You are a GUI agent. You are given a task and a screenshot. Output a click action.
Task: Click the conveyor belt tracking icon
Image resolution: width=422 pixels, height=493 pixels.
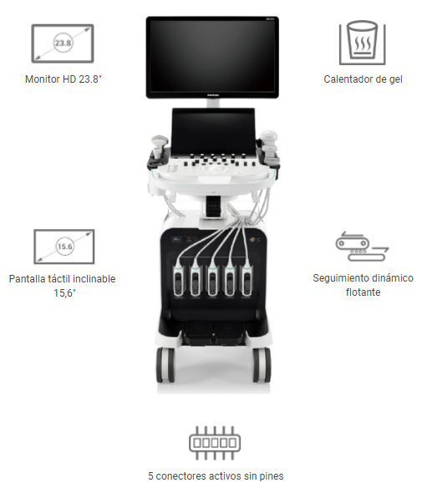click(x=363, y=246)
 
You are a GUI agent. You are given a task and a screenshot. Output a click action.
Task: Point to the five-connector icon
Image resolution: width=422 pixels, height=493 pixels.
click(x=215, y=443)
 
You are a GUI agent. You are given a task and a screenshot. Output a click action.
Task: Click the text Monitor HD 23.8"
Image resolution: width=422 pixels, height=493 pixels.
click(x=64, y=79)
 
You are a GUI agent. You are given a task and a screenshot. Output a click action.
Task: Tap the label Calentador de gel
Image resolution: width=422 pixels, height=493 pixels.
click(x=363, y=79)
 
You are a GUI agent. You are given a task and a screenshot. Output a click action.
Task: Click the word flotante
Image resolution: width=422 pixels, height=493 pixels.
click(x=363, y=292)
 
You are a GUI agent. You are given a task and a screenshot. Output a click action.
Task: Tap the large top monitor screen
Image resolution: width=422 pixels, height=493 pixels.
click(x=212, y=57)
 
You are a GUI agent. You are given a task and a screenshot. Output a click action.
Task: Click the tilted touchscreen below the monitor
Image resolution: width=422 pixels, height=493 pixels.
click(x=213, y=131)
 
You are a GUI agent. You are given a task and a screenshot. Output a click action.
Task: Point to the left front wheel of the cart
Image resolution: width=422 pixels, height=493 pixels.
click(x=165, y=365)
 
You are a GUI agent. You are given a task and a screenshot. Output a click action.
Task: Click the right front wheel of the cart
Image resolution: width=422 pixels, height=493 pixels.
click(x=262, y=365)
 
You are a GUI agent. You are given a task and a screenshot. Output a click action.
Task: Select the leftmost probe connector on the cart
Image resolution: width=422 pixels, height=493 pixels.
click(x=179, y=281)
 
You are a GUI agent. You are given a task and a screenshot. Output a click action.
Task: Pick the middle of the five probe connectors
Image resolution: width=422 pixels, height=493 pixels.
click(x=212, y=281)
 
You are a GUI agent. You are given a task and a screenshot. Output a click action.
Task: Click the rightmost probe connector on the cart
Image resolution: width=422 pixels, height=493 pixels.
click(x=247, y=281)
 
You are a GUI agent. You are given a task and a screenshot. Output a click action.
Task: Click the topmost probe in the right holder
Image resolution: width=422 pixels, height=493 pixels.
click(x=268, y=136)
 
